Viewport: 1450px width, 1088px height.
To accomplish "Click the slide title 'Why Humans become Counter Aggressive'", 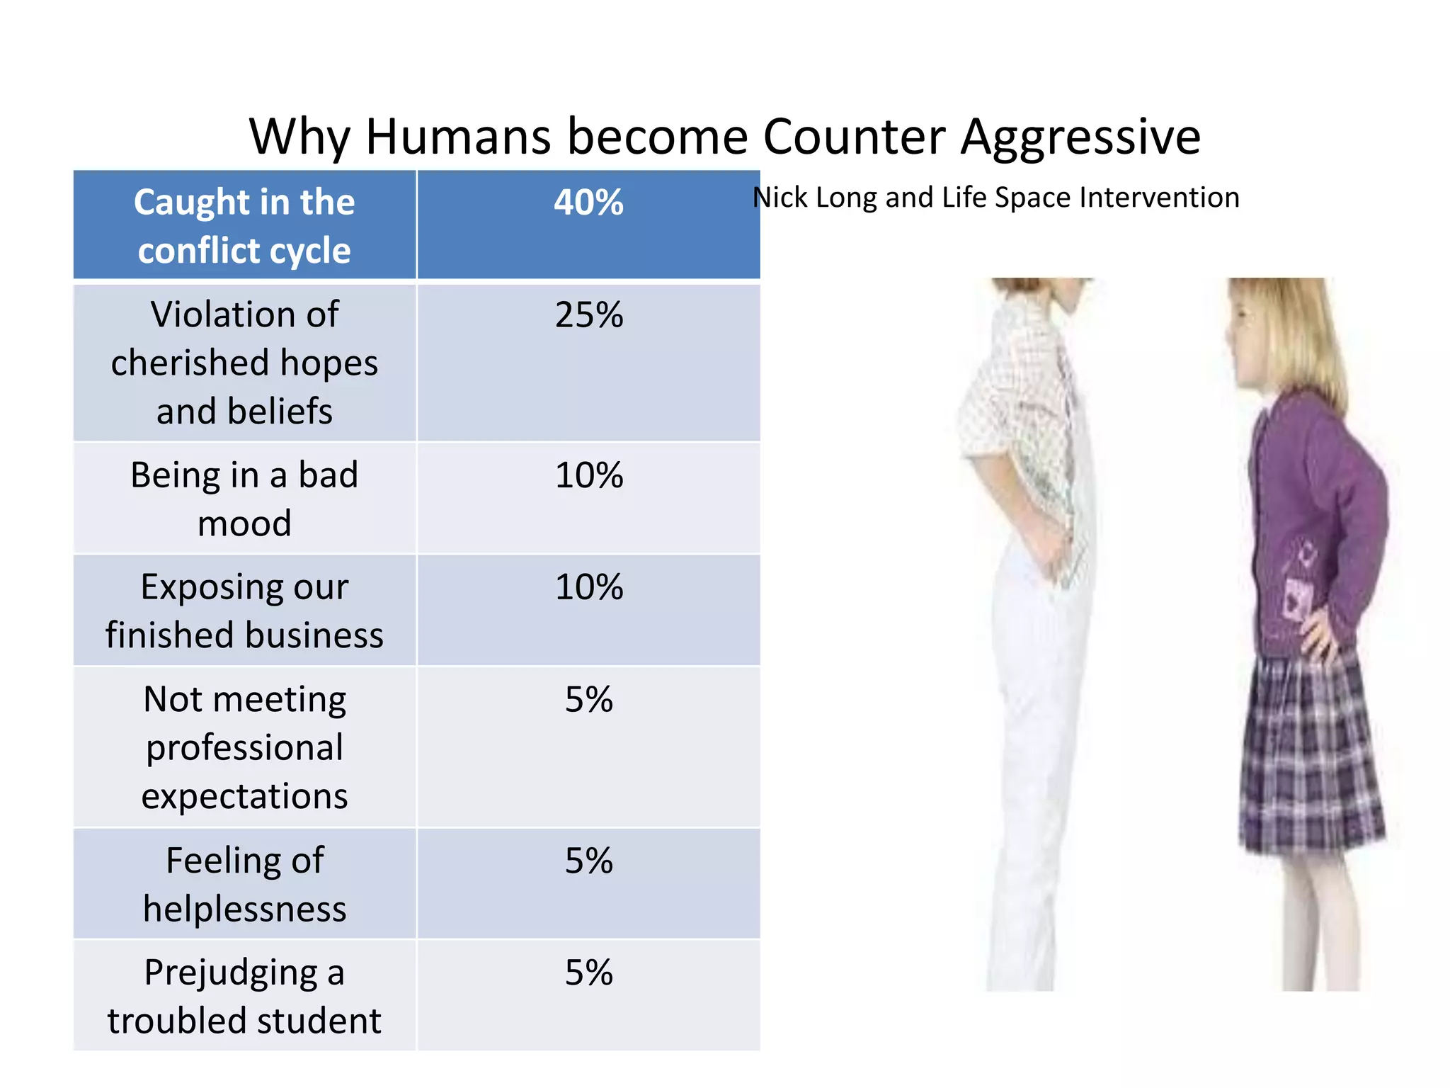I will [x=724, y=136].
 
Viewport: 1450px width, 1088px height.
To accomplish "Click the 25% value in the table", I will [x=588, y=315].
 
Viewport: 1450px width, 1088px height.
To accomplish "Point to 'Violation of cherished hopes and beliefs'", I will [x=244, y=363].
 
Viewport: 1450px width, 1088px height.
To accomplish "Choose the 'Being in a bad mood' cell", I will [x=244, y=499].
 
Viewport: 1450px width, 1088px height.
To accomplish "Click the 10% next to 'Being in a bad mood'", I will [x=588, y=475].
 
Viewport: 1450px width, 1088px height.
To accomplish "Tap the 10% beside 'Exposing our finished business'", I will [x=588, y=587].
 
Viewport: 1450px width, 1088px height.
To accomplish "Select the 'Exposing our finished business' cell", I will [x=244, y=611].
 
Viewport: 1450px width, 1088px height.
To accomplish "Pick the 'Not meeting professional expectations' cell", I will [x=244, y=747].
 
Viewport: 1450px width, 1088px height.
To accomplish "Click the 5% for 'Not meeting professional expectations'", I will [x=588, y=700].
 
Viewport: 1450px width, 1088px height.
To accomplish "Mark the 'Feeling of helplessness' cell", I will [x=244, y=884].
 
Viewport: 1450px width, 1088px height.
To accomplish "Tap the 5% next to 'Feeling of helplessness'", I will [x=588, y=861].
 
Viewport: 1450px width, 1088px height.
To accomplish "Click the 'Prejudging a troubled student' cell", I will [x=244, y=996].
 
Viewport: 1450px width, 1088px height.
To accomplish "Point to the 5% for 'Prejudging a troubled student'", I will [x=588, y=973].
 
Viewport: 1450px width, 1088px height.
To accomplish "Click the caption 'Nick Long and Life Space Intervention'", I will [x=995, y=198].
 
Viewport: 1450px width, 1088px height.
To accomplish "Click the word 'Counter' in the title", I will [x=854, y=136].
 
